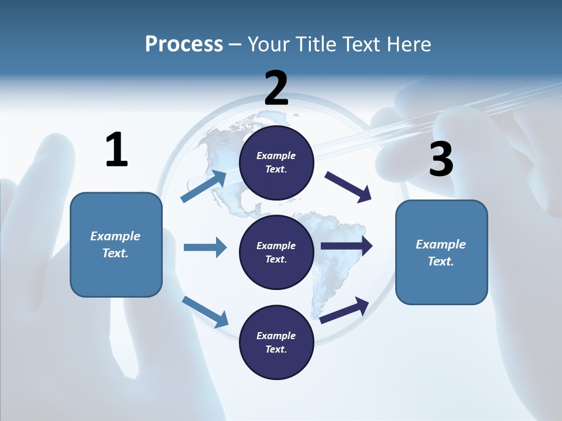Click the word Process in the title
click(184, 44)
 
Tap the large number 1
click(116, 150)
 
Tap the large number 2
click(276, 88)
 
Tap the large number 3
click(441, 159)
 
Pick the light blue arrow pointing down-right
click(205, 311)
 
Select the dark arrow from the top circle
click(348, 187)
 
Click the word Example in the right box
click(441, 244)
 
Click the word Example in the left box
click(115, 236)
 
